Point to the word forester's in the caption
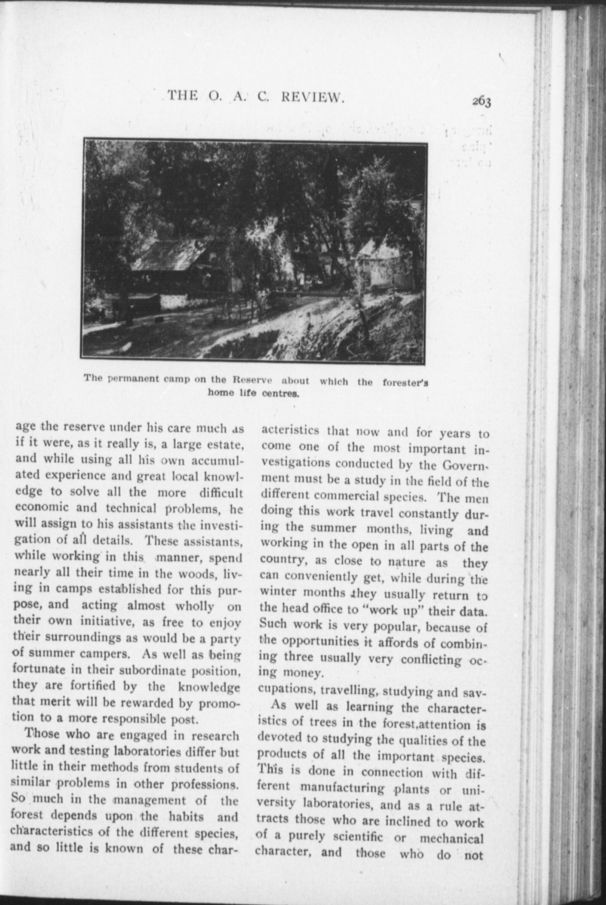[406, 382]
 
